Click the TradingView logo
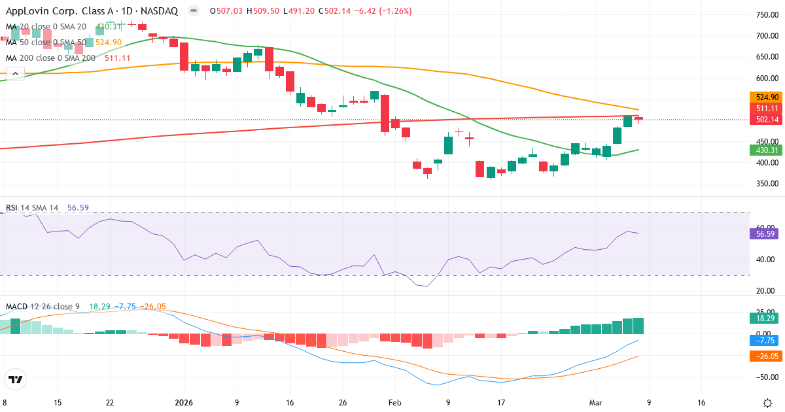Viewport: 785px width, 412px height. point(16,379)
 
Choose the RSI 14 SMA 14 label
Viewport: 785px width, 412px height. point(32,208)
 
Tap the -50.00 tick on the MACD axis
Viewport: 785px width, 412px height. point(766,377)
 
